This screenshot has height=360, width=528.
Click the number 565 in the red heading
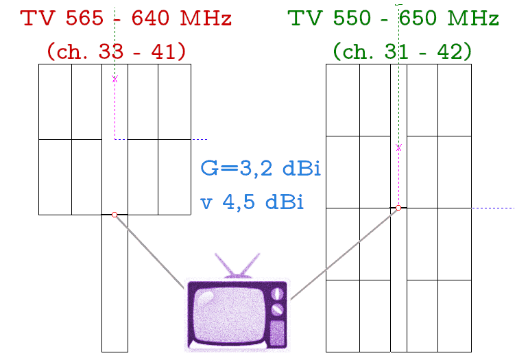84,18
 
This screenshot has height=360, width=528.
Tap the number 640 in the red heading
150,18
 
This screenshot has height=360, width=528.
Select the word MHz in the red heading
206,18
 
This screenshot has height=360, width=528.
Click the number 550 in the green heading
352,18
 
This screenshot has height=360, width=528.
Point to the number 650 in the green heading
418,18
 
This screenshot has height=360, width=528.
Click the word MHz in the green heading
473,18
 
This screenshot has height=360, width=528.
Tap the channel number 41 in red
163,52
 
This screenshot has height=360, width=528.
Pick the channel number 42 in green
450,52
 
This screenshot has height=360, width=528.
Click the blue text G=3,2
237,169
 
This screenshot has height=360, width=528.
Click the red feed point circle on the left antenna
115,215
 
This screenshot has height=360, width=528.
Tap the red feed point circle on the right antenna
398,208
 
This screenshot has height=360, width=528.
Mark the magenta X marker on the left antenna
115,79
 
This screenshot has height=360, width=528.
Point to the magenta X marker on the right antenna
399,147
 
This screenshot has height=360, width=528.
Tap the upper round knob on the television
277,293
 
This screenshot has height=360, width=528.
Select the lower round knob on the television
277,309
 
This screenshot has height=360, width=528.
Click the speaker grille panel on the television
278,333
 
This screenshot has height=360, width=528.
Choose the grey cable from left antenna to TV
150,252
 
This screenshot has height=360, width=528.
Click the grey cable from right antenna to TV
344,254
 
